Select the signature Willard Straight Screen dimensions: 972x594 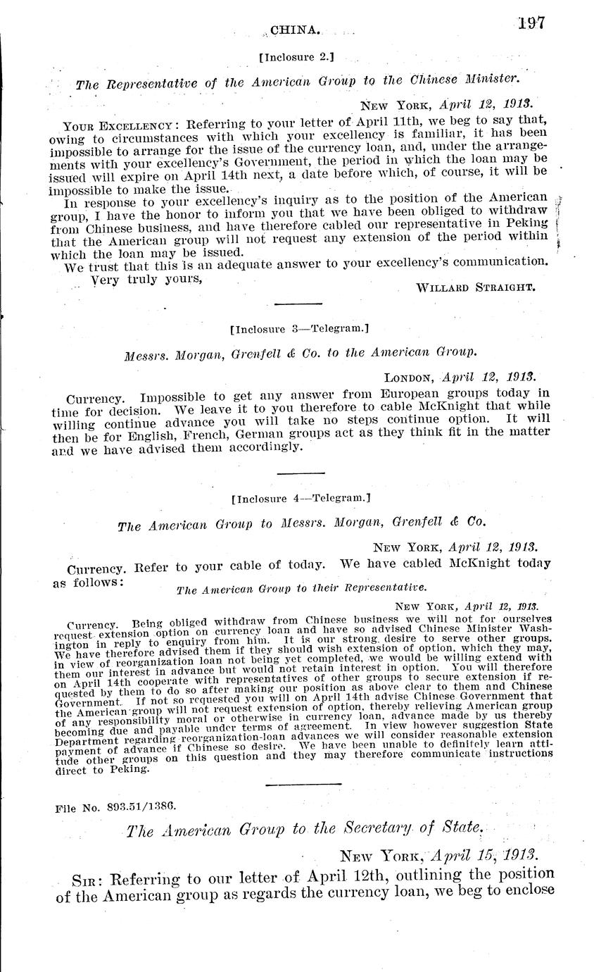click(x=476, y=287)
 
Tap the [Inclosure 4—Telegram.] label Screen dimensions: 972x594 click(x=301, y=498)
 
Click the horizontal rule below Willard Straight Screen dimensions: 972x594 click(x=296, y=304)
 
